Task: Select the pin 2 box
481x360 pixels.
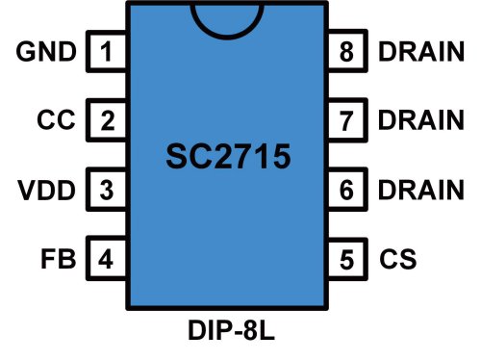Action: point(108,121)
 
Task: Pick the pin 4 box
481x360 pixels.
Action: point(108,259)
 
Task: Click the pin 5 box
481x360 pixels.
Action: point(347,259)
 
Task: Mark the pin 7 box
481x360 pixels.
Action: point(347,121)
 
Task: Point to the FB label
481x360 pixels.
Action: point(60,259)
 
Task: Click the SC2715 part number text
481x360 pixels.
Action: point(227,157)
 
